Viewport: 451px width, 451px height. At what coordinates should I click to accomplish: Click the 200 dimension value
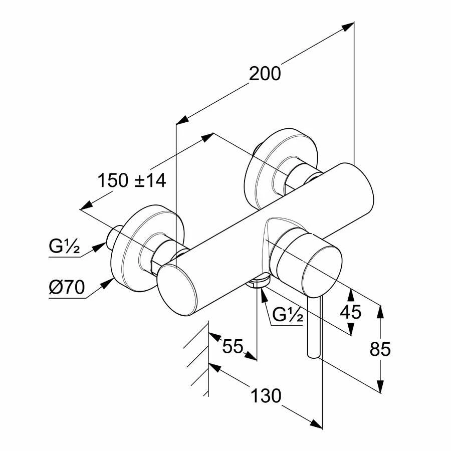pos(265,73)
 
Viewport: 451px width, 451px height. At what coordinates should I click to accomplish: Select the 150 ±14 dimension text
pos(132,180)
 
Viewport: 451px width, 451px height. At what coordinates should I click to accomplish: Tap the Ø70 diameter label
pos(67,287)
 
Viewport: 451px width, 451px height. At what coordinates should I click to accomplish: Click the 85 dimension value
pos(380,349)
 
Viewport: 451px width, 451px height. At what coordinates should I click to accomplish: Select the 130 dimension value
pos(266,395)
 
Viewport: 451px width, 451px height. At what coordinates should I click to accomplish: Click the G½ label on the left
pos(64,246)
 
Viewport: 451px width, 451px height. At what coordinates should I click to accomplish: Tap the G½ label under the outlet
pos(287,315)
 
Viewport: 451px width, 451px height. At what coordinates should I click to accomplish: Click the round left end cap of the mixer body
pos(177,291)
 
